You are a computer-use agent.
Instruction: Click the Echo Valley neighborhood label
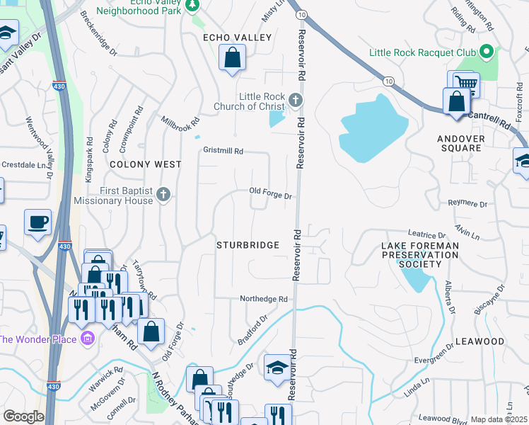click(227, 38)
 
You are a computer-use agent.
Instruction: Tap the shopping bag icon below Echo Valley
click(232, 59)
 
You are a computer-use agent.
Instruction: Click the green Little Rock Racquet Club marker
click(485, 52)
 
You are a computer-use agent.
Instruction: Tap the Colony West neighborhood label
click(145, 164)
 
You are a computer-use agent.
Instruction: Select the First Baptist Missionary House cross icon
click(163, 195)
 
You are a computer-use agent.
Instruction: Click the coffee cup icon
click(37, 222)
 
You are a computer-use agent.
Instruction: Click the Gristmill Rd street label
click(223, 151)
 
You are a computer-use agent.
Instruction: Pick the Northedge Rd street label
click(263, 300)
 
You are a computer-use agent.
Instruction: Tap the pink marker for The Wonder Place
click(87, 339)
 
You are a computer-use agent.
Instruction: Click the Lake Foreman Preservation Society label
click(420, 255)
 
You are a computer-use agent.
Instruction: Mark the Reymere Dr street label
click(468, 204)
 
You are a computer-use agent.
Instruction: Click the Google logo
click(23, 416)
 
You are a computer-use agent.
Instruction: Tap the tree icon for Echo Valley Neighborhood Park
click(192, 6)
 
